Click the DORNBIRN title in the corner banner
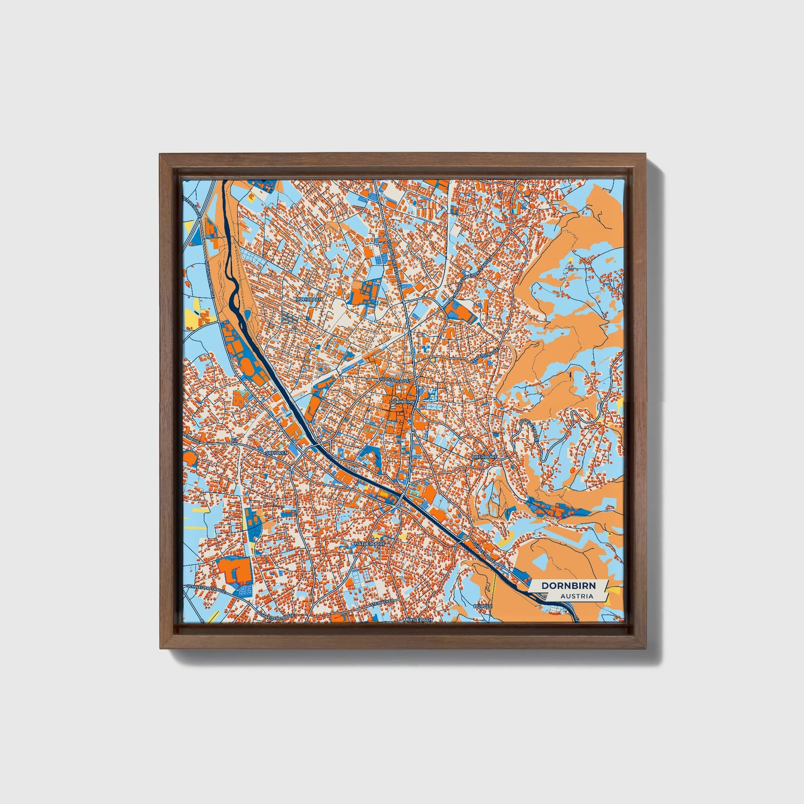click(568, 586)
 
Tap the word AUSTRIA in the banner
click(576, 596)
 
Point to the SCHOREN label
click(277, 453)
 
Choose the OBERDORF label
click(484, 457)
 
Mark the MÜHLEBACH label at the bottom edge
click(418, 619)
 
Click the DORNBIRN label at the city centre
click(402, 401)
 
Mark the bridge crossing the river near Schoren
click(315, 446)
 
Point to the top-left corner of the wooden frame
click(160, 155)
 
